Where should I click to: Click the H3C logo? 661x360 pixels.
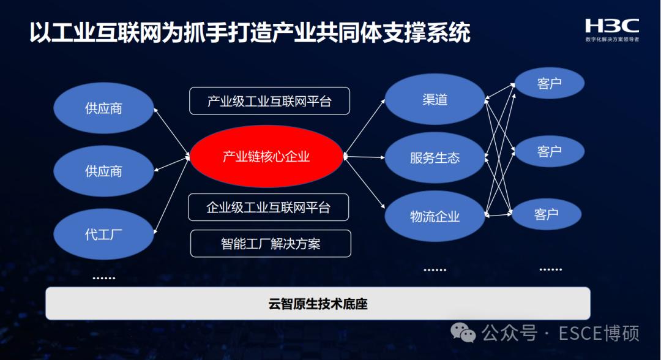611,26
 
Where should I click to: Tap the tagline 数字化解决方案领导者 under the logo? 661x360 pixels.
611,39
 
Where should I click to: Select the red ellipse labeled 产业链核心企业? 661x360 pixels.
266,157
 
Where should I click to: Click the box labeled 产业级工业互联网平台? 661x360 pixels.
269,101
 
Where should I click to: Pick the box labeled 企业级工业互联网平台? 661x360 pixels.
268,208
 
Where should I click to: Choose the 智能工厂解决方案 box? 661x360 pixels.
271,244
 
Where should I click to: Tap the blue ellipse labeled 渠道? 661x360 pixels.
435,100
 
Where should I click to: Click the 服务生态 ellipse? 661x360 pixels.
435,158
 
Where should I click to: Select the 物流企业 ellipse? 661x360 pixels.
435,216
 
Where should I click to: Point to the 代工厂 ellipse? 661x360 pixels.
103,234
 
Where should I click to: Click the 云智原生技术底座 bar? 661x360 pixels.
318,303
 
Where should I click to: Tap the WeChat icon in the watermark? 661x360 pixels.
463,333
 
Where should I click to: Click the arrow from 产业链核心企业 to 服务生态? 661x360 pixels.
365,157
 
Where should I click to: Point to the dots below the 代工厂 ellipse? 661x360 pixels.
103,278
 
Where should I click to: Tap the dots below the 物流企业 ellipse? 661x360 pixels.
435,270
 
